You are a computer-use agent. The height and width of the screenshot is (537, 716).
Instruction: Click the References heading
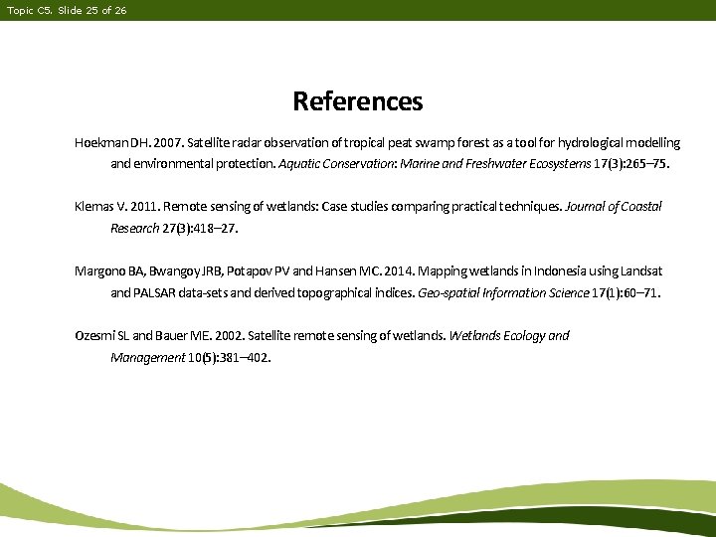point(357,101)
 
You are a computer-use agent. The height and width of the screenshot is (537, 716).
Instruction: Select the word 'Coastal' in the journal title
point(639,207)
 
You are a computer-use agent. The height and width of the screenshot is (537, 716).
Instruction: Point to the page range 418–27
point(215,228)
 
